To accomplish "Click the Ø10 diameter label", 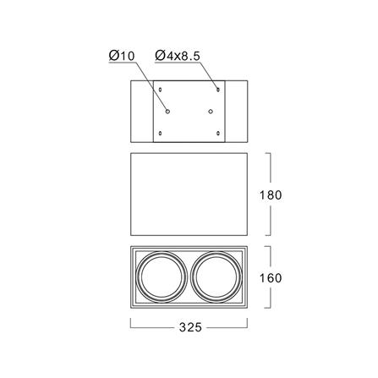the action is click(122, 56).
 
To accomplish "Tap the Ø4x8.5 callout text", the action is click(178, 56).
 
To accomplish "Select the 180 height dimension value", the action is click(271, 195).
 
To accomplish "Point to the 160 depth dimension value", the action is click(271, 278).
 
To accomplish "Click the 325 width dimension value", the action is click(190, 327).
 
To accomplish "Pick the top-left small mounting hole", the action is click(161, 90).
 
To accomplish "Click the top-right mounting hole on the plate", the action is click(218, 90).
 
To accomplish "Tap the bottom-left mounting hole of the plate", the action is click(161, 133).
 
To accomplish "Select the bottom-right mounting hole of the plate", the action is click(218, 133).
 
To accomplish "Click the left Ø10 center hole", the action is click(167, 112).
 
